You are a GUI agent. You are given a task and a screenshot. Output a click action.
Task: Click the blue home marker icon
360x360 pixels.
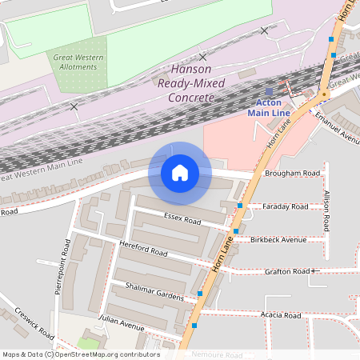pos(180,173)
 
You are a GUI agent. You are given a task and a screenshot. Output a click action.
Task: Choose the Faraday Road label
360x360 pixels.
pos(285,206)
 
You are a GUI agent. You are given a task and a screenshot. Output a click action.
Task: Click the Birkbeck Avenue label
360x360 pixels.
pos(278,239)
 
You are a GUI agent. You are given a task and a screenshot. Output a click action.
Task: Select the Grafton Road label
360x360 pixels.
pos(286,271)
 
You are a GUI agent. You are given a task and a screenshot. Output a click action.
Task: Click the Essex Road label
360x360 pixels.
pos(182,219)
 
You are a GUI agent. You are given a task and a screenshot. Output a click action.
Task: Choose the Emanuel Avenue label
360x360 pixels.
pos(337,126)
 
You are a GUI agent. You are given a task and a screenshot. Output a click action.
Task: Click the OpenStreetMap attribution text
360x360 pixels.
pos(80,354)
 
